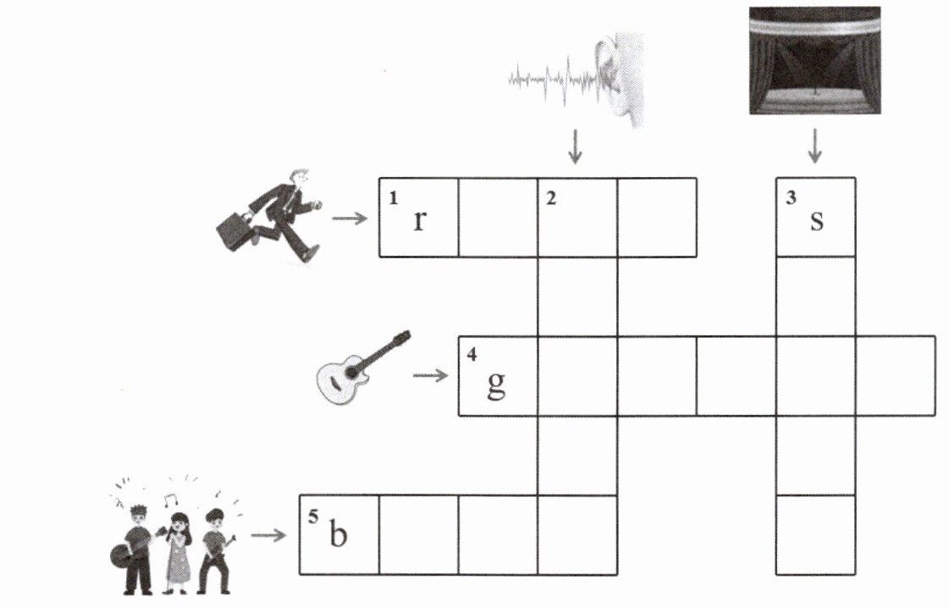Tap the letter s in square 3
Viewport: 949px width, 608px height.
816,220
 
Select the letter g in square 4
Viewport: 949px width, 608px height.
497,384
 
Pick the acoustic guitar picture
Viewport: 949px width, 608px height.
362,368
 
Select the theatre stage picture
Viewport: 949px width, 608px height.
814,60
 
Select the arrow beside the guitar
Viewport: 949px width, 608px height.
432,374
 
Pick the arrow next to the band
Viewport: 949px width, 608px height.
269,535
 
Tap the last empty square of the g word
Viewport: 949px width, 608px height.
896,375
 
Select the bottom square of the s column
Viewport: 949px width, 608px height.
815,534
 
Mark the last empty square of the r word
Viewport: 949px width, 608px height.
657,217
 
